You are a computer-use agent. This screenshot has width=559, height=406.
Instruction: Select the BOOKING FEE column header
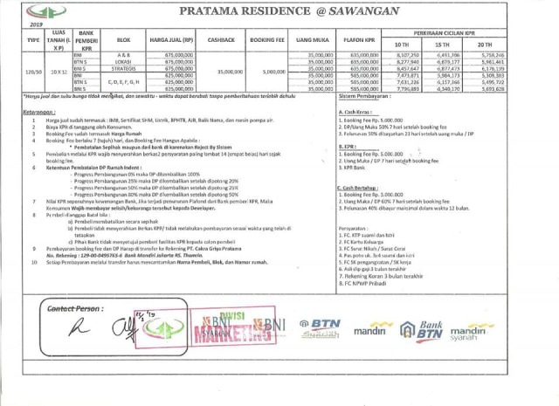[273, 40]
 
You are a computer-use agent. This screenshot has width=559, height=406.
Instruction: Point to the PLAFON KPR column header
[361, 40]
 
